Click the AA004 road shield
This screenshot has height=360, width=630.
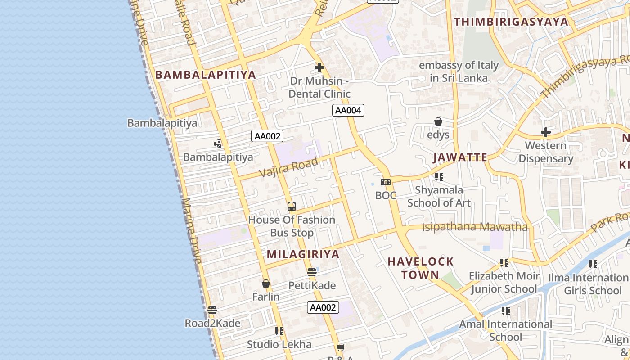(348, 110)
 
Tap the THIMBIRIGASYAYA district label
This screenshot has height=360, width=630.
(511, 22)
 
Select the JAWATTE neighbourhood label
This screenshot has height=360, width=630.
(460, 157)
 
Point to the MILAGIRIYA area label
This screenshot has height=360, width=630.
(303, 254)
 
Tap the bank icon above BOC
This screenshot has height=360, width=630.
(386, 182)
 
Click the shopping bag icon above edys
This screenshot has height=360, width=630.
(438, 121)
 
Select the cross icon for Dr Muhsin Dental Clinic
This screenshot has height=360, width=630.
(319, 68)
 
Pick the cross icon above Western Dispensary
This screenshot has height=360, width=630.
(545, 132)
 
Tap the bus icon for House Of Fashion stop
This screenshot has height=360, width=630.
(292, 207)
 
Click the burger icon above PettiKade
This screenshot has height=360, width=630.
(312, 272)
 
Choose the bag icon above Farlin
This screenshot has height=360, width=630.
(266, 284)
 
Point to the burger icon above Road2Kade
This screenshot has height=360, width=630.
(212, 310)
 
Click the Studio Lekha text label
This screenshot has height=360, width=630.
(279, 345)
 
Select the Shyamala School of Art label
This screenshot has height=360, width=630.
(439, 197)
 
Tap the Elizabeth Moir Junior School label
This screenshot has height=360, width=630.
(503, 282)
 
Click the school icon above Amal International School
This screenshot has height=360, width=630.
(505, 311)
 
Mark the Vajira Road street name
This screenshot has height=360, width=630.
(289, 167)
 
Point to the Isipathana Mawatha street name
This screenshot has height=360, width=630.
(474, 227)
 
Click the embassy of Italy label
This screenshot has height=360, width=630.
(459, 72)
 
